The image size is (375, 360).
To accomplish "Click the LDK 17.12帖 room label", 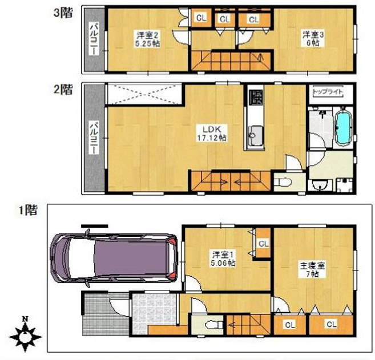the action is [212, 134].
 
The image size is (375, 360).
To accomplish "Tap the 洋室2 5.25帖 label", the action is [148, 39].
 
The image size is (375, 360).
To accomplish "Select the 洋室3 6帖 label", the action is [313, 39].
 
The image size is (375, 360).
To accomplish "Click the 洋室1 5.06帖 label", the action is [223, 258].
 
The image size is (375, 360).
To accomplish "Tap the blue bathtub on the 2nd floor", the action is [344, 128].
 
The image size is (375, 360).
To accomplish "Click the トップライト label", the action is [328, 92].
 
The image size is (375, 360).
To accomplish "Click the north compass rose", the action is [25, 336].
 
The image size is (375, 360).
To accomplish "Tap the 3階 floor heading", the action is [63, 13].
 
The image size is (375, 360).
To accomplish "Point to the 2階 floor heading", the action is [63, 90].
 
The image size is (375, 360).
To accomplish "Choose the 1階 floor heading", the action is [29, 210].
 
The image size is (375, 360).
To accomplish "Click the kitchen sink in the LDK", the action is [256, 135].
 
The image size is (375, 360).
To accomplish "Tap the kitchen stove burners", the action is [256, 98].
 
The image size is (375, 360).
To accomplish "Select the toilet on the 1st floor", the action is [214, 325].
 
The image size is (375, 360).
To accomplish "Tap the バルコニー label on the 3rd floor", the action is [94, 39].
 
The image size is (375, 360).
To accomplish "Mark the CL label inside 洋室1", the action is [264, 244].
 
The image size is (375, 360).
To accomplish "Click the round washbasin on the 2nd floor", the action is [320, 185].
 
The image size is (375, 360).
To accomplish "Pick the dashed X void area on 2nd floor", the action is [144, 94].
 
